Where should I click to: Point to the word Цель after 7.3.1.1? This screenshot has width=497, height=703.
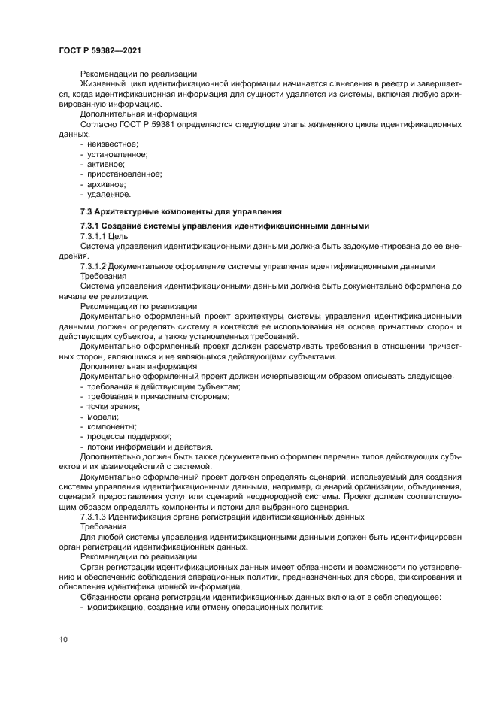[x=120, y=236]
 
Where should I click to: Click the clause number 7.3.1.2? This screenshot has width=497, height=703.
[x=94, y=265]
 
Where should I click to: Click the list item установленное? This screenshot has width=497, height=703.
[x=117, y=154]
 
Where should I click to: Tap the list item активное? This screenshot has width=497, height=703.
[x=106, y=164]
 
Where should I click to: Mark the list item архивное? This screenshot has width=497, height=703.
[x=107, y=183]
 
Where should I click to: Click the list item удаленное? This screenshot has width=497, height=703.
[x=108, y=193]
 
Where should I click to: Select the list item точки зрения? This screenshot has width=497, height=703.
[x=114, y=406]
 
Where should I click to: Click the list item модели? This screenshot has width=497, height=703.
[x=102, y=416]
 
